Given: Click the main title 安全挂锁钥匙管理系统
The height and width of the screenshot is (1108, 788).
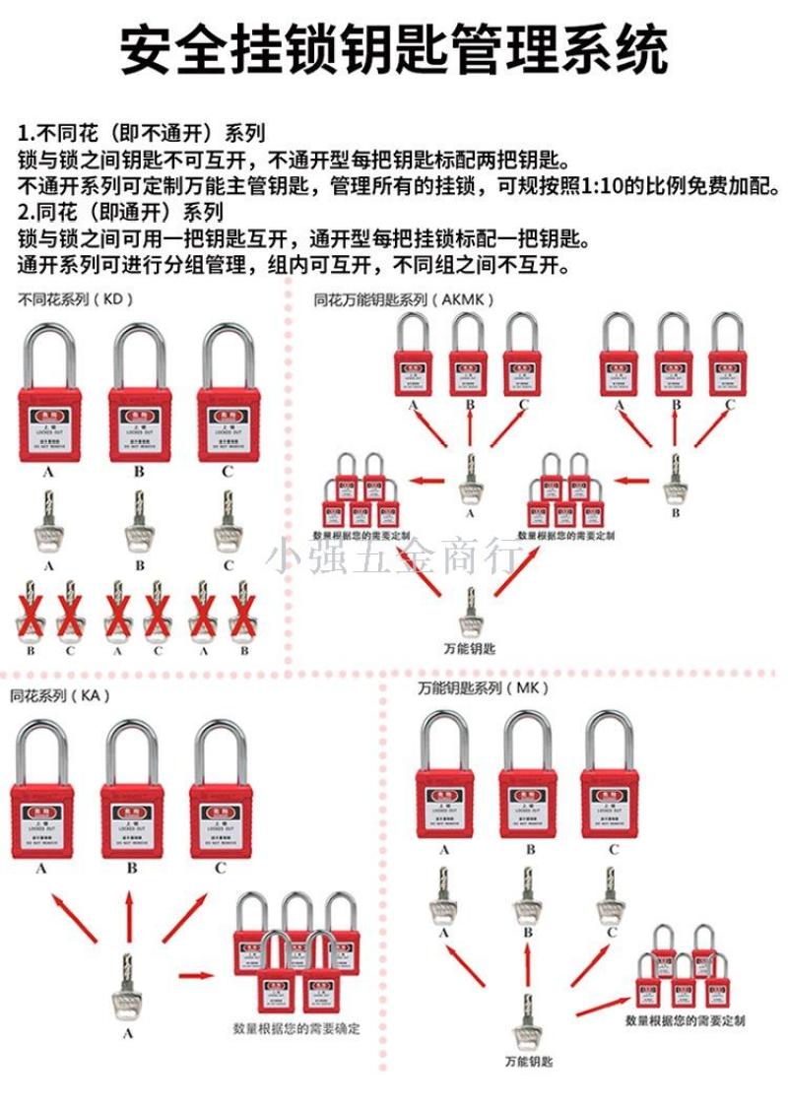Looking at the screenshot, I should [394, 49].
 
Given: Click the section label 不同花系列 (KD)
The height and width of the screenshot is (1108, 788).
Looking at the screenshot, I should [75, 298].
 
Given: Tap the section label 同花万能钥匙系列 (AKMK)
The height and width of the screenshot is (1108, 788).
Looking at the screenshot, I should [404, 298].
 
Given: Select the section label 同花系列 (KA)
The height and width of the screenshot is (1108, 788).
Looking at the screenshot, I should [60, 695].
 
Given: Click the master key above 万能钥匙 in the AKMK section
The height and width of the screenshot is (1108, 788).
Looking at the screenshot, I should [470, 611].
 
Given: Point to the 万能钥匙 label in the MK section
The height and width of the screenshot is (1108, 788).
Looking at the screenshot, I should [529, 1062].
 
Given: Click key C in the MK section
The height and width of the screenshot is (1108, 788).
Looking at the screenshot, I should [611, 898].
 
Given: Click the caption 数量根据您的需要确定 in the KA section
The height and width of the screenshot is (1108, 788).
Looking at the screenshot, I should [296, 1029].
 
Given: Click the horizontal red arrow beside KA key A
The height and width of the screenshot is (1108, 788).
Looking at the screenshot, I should [197, 976].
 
